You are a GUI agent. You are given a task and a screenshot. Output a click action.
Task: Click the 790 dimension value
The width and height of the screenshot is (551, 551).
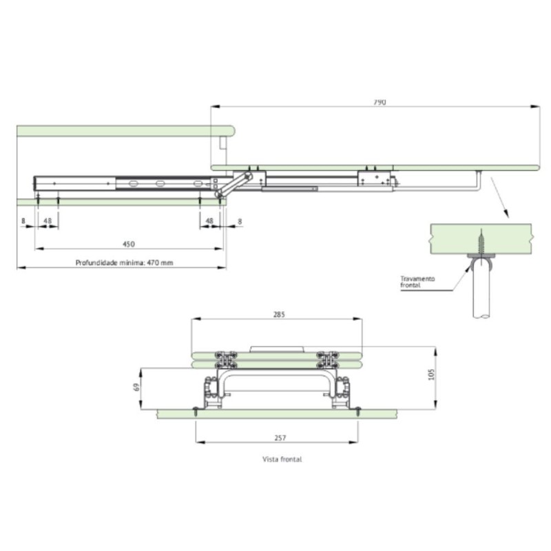tap(380, 102)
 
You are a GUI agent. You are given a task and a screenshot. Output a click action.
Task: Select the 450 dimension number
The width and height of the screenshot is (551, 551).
tap(129, 244)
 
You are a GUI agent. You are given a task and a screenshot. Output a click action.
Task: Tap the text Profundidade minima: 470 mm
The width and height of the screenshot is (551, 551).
tap(125, 262)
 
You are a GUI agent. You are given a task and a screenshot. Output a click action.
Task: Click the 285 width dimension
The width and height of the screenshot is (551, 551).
tap(279, 314)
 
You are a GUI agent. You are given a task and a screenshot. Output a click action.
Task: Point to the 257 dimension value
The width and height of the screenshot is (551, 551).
tap(280, 438)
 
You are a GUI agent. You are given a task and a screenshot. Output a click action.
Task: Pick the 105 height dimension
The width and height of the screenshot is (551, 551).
tap(432, 374)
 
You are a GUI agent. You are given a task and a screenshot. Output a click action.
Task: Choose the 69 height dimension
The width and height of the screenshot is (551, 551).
tap(137, 387)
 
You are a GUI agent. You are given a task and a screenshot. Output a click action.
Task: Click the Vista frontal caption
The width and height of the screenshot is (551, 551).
tap(282, 459)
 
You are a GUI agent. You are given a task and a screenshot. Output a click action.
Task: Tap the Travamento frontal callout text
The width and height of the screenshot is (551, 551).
tap(417, 282)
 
